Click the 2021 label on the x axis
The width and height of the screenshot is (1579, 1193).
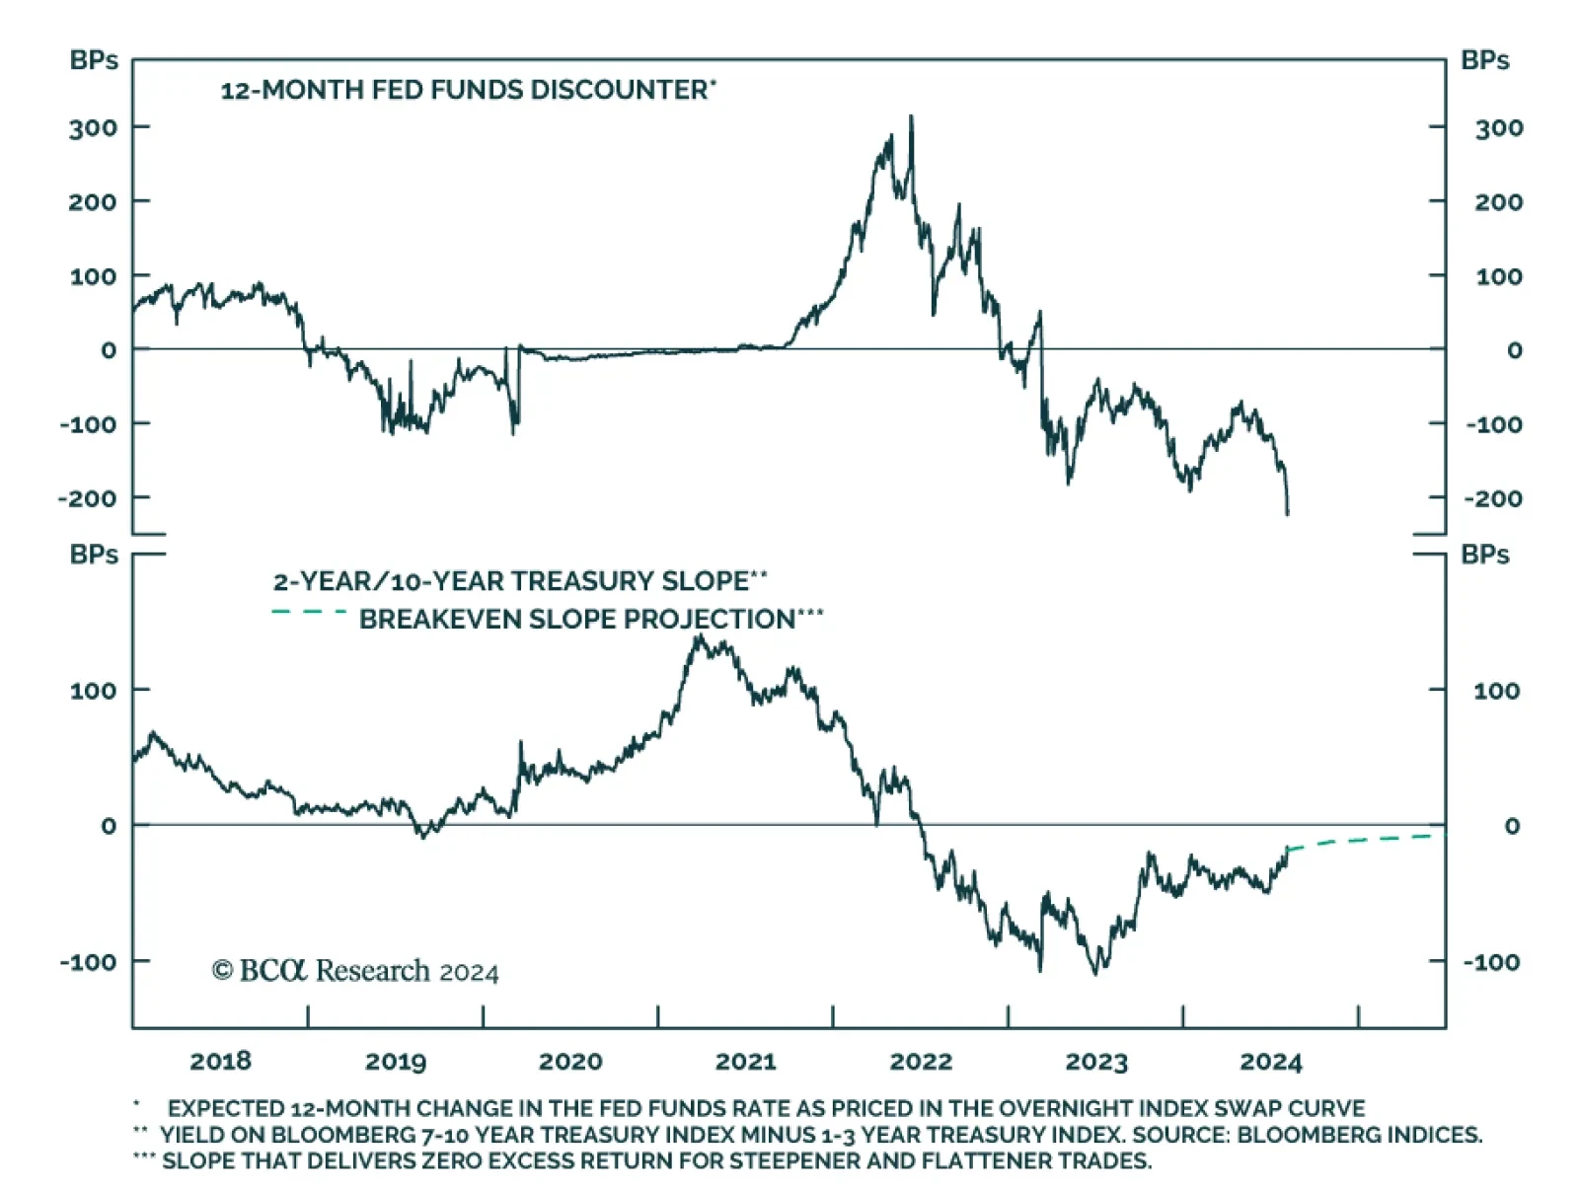pos(745,1062)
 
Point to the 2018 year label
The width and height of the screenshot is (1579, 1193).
pos(220,1062)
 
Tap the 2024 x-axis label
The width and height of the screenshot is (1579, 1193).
pos(1271,1062)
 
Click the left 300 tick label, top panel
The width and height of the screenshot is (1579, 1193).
pos(93,127)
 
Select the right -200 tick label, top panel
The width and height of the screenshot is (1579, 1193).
pos(1493,498)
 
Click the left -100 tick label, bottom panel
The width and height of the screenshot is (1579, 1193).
pos(88,961)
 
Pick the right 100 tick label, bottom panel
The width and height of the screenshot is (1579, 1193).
pos(1496,691)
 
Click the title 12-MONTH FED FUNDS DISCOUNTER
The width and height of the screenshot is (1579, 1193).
pos(464,90)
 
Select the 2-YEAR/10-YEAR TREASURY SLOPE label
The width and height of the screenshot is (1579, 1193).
pos(511,581)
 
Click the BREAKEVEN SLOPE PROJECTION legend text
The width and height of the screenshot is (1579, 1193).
pos(577,620)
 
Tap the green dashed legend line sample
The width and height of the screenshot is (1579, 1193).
pos(309,613)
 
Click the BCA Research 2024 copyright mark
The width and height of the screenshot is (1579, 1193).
pos(355,971)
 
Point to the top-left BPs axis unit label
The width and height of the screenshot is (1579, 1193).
pos(94,60)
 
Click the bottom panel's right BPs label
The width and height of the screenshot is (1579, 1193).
pos(1485,555)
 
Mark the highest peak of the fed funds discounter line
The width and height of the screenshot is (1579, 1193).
pos(911,116)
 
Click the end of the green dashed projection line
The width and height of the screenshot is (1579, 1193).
pos(1443,835)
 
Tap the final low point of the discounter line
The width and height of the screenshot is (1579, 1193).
pos(1287,514)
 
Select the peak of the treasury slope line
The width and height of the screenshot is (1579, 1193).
pos(699,636)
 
